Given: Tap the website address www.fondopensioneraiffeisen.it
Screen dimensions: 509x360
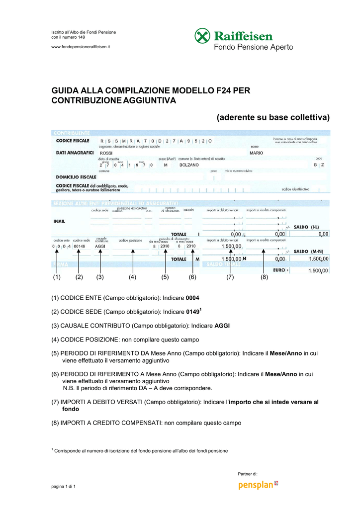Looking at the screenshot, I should coord(81,46).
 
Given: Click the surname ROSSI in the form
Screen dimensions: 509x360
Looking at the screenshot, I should coord(106,153).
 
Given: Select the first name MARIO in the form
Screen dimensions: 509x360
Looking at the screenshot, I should coord(257,153).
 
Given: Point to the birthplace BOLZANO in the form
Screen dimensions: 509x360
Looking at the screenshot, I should coord(189,165).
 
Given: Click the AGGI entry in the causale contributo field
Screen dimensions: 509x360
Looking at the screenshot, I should coord(100,246).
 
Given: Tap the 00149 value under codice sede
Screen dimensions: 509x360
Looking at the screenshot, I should coord(79,246).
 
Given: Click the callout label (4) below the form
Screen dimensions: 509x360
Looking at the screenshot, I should coord(132,277).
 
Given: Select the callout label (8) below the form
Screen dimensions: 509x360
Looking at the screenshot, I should coord(264,277).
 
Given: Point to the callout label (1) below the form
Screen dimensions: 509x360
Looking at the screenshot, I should coord(57,277).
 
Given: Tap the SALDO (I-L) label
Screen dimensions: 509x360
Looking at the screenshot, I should coord(306,227).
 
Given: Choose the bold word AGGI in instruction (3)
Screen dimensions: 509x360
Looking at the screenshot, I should coord(222,326).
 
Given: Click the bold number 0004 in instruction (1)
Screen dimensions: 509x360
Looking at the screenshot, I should coord(193,298).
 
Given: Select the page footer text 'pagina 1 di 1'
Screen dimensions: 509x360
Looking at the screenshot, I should coord(64,486).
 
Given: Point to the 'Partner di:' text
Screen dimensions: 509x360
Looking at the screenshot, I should coord(248,474).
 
